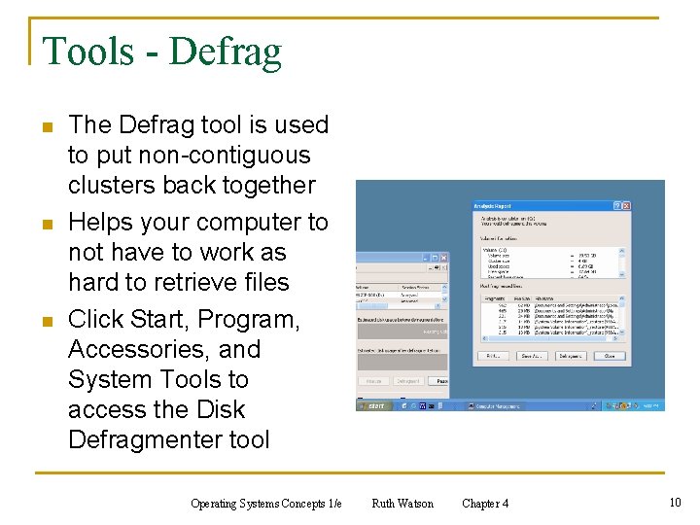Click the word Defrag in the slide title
(x=226, y=52)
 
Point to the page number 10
(x=675, y=503)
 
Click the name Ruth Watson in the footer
(x=402, y=504)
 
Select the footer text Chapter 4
(x=485, y=504)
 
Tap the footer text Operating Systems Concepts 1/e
(x=266, y=504)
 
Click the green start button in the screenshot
(x=374, y=405)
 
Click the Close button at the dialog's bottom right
(x=610, y=357)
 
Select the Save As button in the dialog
(x=530, y=357)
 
